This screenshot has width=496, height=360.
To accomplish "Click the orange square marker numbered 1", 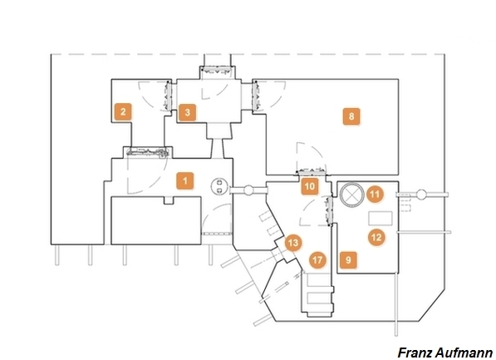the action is (x=185, y=180).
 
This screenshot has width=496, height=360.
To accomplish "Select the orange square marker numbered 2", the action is (x=123, y=111).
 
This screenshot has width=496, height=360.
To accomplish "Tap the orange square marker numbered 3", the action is (x=187, y=112).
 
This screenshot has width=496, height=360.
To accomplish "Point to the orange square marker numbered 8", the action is (x=351, y=116).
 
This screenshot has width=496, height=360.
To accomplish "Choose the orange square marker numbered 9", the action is (x=348, y=260).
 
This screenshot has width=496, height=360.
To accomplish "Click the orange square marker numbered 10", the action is (x=310, y=186).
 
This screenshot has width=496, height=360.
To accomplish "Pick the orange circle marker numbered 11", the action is (x=375, y=194).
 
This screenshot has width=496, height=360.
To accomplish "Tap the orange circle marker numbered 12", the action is (x=376, y=237).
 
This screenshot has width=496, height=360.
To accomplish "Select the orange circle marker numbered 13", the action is (x=293, y=243).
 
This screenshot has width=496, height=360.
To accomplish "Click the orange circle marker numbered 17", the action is (x=317, y=260).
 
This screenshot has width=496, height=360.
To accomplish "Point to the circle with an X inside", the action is (x=351, y=194).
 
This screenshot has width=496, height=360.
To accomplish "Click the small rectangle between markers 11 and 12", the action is (x=381, y=219).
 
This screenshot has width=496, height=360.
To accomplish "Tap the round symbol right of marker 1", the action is (x=219, y=186).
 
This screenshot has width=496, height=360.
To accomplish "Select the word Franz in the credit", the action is (x=415, y=353).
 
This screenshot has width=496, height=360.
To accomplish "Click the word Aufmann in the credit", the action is (x=464, y=353).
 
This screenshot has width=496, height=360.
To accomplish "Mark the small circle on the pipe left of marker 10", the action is (x=249, y=190).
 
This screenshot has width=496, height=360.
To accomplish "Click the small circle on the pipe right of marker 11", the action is (x=421, y=194).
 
